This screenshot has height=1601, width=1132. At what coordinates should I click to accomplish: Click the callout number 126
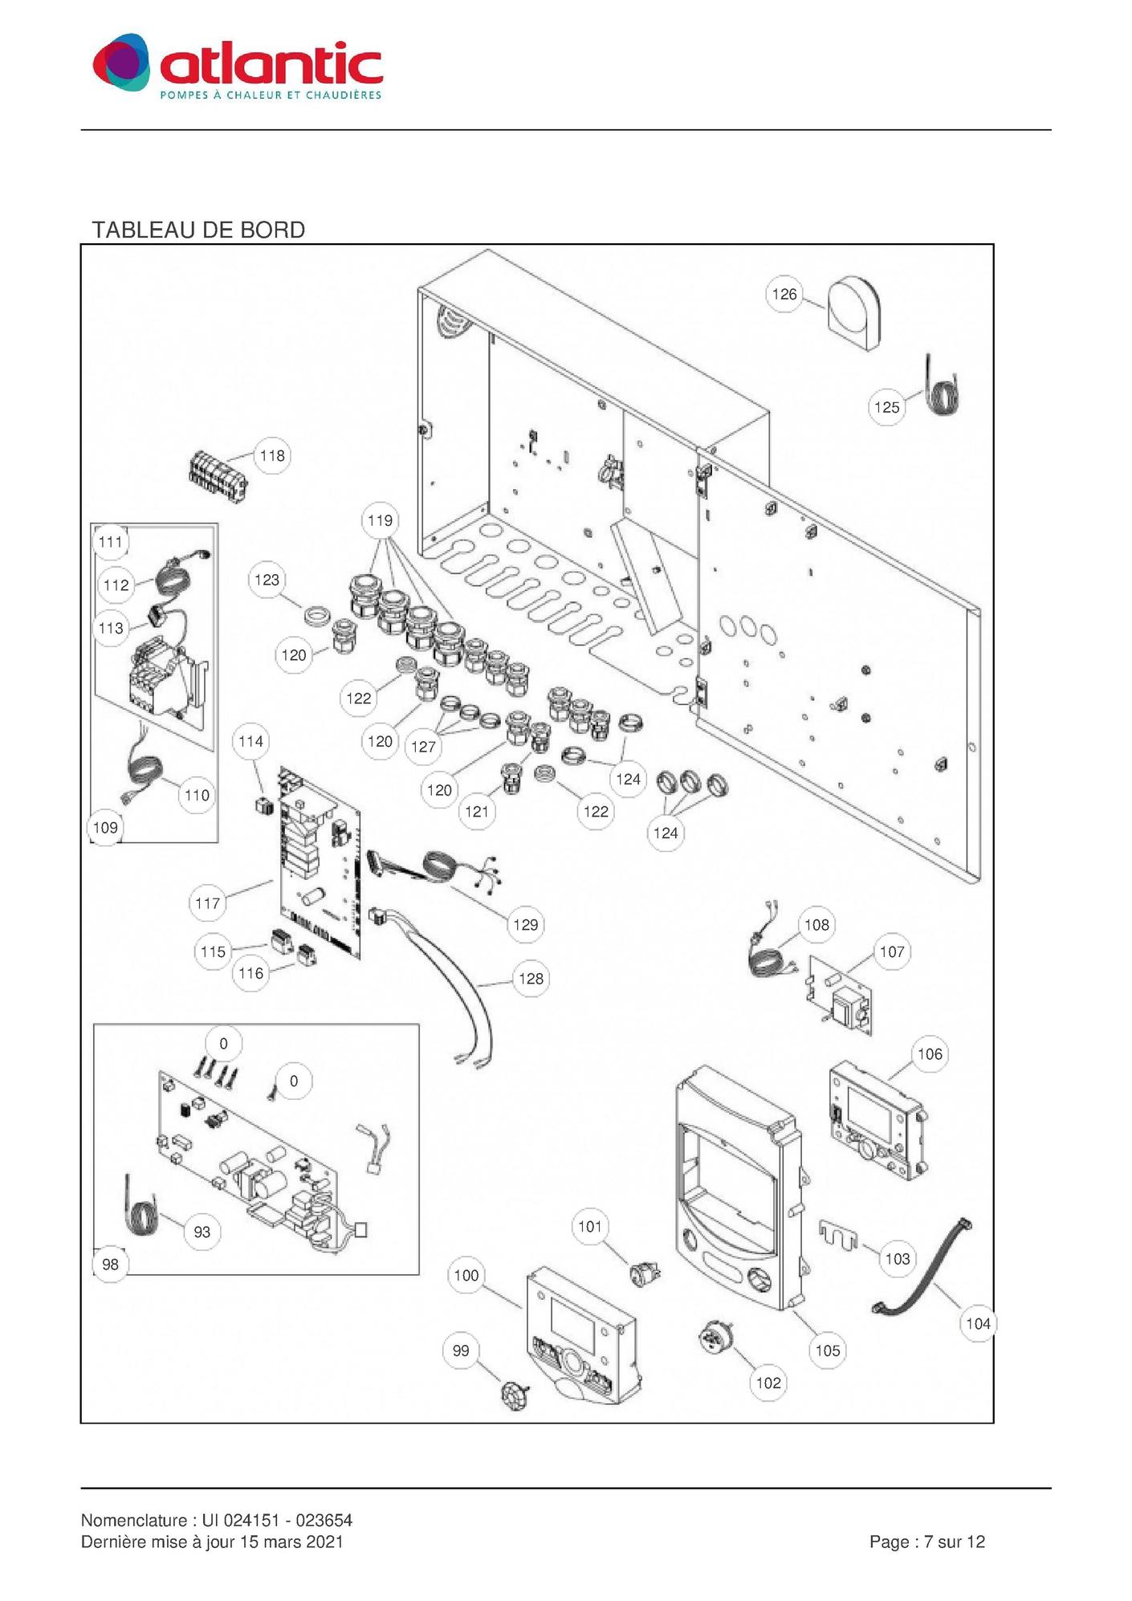784,295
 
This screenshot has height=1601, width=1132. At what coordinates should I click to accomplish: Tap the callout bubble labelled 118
272,456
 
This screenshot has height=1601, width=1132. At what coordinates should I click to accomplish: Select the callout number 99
461,1350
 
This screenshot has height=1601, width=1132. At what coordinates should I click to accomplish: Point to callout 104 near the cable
978,1323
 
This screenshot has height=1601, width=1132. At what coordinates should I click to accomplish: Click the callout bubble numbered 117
207,903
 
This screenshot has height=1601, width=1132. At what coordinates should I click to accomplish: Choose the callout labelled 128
531,979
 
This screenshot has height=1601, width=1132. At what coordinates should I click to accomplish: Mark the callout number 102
768,1383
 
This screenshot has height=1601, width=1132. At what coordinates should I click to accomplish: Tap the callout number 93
202,1232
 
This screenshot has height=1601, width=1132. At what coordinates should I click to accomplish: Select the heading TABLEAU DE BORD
198,230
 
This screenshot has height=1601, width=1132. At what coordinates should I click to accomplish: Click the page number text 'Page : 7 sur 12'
926,1542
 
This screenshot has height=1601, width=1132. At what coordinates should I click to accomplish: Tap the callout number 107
891,952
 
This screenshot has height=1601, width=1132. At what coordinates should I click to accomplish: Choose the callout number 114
250,741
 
